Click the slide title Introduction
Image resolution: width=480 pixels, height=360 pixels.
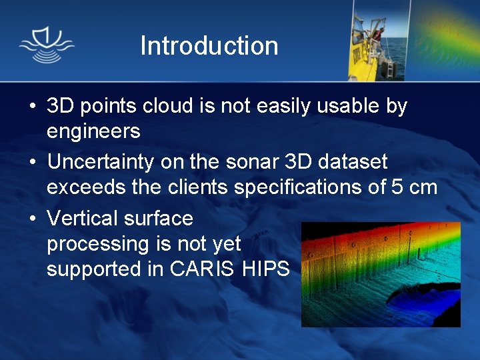click(x=209, y=46)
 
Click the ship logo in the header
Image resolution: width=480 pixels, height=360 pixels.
click(x=47, y=46)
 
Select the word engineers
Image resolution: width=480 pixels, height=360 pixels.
click(x=93, y=131)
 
